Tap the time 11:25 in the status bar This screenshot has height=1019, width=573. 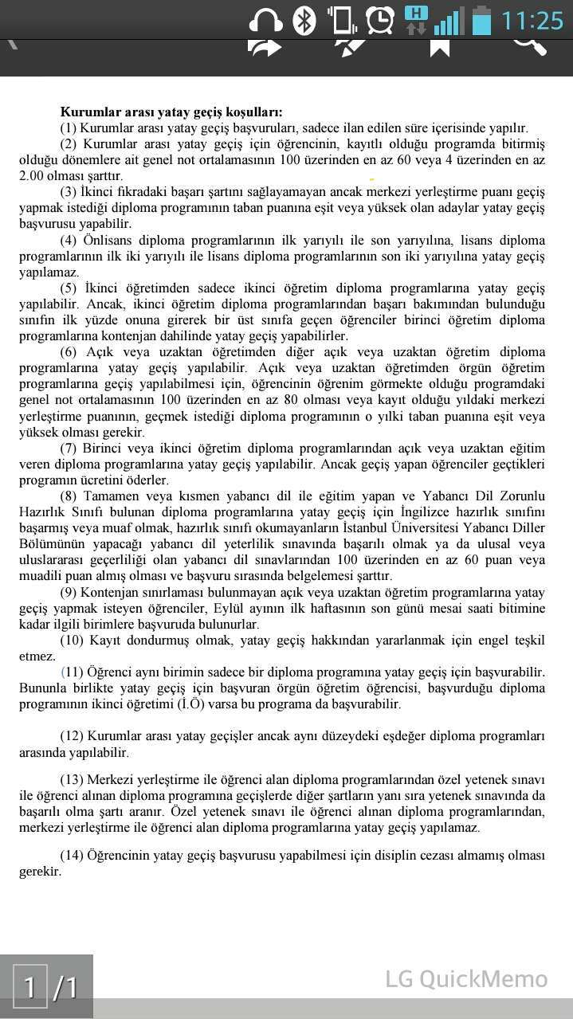[532, 20]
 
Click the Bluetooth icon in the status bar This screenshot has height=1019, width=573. [304, 20]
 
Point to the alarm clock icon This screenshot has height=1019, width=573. [380, 19]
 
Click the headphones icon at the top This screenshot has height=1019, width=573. [266, 20]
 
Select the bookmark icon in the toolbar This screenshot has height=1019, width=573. [439, 47]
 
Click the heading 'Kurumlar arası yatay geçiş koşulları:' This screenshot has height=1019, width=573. [171, 112]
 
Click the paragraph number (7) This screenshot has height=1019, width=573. [69, 449]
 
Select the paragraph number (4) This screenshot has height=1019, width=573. [69, 241]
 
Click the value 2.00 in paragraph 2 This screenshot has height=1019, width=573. [33, 176]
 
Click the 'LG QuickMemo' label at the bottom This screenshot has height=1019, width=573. [466, 979]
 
